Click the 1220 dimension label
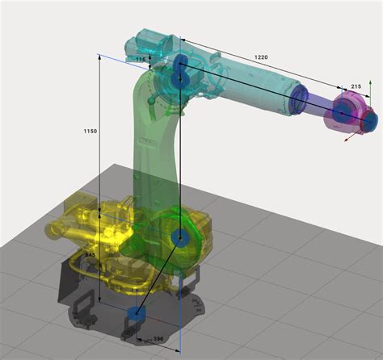[x=260, y=58]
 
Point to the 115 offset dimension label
[x=141, y=60]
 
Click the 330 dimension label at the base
[x=159, y=339]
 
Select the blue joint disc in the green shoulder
[x=181, y=238]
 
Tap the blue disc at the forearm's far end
[x=299, y=97]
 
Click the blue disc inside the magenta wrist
[x=343, y=115]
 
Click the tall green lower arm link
[x=154, y=153]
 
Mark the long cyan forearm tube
[x=250, y=81]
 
